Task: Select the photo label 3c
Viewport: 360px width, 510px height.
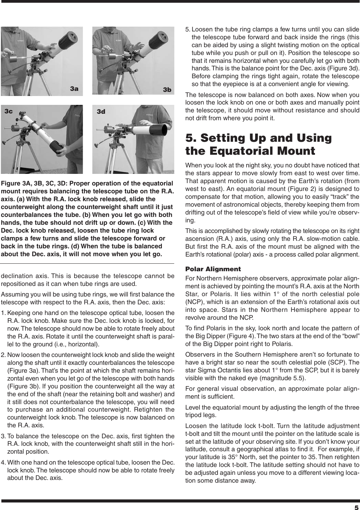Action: click(x=9, y=111)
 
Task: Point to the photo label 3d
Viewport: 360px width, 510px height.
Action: click(x=101, y=112)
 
